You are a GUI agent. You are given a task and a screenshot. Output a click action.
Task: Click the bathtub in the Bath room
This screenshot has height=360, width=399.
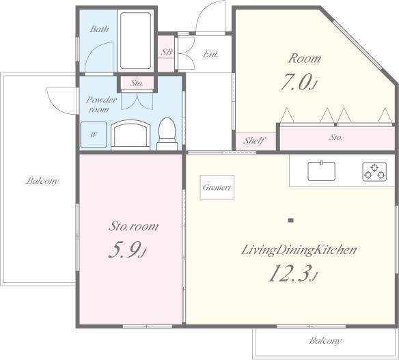pyautogui.click(x=136, y=41)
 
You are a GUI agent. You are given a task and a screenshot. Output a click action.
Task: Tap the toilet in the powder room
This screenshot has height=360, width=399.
pyautogui.click(x=167, y=134)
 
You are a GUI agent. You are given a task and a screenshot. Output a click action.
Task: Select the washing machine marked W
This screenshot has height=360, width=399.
pyautogui.click(x=94, y=135)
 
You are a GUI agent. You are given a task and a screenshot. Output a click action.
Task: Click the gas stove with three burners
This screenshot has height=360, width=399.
pyautogui.click(x=374, y=171)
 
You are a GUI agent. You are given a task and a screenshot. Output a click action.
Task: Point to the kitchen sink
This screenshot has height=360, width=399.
pyautogui.click(x=321, y=171)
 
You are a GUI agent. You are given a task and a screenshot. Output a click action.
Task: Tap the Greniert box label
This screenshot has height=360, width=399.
pyautogui.click(x=217, y=187)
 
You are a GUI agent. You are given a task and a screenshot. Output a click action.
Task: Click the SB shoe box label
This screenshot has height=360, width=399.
pyautogui.click(x=167, y=53)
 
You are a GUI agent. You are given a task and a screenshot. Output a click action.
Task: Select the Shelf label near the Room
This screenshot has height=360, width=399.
pyautogui.click(x=254, y=141)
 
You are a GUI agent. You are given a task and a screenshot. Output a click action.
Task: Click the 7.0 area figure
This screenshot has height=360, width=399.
pyautogui.click(x=299, y=82)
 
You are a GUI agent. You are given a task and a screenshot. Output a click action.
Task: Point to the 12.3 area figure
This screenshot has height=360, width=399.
pyautogui.click(x=293, y=273)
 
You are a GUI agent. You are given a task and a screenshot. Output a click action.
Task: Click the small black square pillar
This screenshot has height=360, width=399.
pyautogui.click(x=291, y=221)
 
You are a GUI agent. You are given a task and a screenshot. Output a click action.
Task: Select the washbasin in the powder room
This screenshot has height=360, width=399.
pyautogui.click(x=130, y=135)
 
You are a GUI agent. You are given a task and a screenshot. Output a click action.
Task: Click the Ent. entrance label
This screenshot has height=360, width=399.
pyautogui.click(x=210, y=54)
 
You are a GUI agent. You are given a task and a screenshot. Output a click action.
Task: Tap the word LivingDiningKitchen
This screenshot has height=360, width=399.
pyautogui.click(x=299, y=250)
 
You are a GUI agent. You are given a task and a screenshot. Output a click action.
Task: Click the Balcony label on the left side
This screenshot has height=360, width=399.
pyautogui.click(x=42, y=181)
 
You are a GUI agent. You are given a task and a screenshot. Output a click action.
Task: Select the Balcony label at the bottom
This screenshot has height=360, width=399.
pyautogui.click(x=325, y=341)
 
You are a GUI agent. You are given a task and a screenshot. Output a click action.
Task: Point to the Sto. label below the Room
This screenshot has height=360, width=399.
pyautogui.click(x=336, y=137)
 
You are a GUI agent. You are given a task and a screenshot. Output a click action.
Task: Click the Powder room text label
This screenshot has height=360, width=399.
pyautogui.click(x=101, y=105)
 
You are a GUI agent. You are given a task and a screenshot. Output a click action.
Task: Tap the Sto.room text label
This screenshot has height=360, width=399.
pyautogui.click(x=133, y=226)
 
